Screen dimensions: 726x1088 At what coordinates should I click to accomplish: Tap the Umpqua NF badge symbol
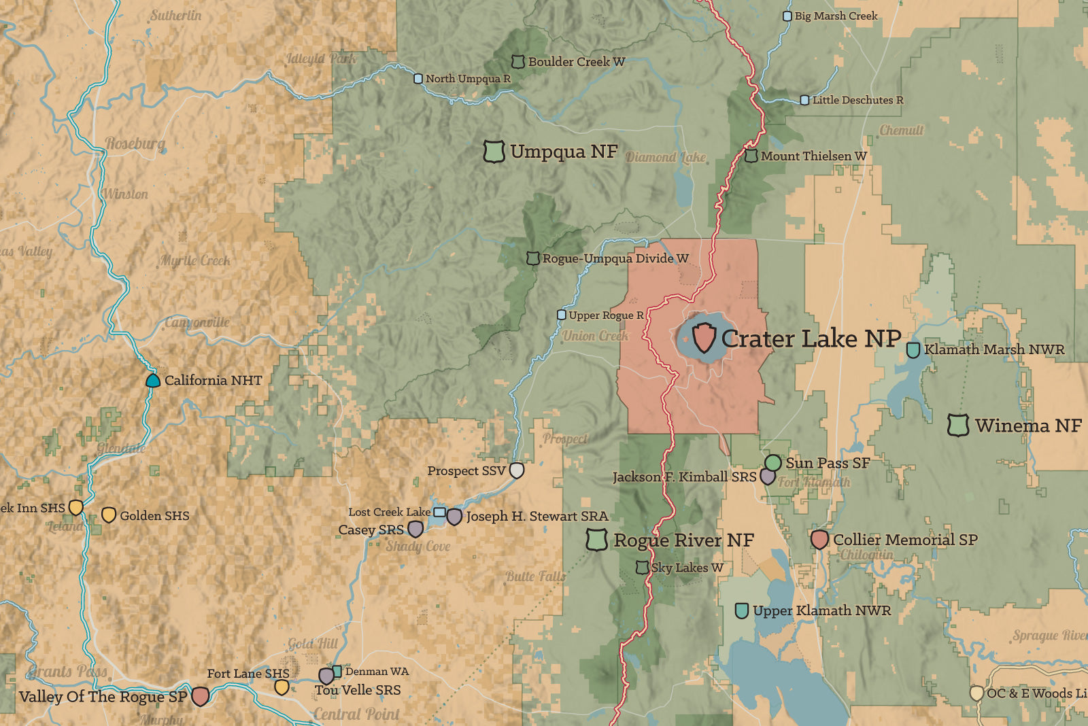coord(494,152)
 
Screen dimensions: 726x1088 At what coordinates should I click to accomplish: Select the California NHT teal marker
coord(153,380)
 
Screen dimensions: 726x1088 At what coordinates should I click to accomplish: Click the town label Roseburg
coord(135,143)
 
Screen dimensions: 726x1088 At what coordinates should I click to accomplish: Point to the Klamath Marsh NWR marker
coord(913,350)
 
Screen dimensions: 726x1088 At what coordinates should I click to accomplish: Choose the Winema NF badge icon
coord(958,426)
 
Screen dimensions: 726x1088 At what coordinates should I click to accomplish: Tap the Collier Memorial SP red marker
coord(819,540)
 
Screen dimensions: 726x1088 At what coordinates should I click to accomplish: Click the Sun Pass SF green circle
coord(772,463)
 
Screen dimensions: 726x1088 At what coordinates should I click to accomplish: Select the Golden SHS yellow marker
coord(108,515)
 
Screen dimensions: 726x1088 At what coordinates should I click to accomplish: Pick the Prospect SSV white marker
coord(517,470)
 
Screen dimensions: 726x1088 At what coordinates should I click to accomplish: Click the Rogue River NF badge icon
coord(596,540)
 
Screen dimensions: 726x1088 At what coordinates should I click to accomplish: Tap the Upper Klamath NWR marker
coord(742,610)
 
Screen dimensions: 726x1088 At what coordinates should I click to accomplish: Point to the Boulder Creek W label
coord(576,62)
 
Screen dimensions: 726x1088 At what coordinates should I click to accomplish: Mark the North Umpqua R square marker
coord(418,79)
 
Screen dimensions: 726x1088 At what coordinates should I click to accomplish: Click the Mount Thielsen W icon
coord(751,156)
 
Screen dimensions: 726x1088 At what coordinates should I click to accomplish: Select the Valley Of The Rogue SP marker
coord(200,696)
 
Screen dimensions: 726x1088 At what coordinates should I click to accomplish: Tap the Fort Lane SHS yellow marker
coord(281,687)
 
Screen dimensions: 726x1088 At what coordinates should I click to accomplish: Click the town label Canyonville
coord(197,322)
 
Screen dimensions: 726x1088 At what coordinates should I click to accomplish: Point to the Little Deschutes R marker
coord(804,100)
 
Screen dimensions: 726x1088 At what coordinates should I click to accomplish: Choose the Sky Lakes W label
coord(687,568)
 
